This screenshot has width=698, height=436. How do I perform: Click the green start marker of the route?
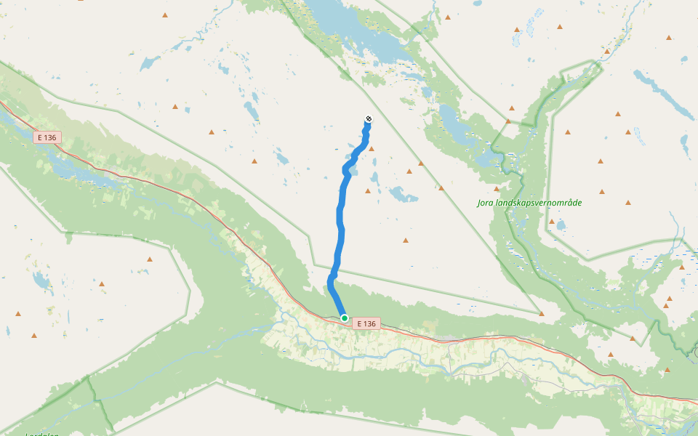coord(345,318)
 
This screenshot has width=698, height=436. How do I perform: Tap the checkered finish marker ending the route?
coord(368,118)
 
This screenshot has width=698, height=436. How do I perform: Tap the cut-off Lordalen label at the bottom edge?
coord(41,434)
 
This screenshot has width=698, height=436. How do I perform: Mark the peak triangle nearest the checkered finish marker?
coord(372,148)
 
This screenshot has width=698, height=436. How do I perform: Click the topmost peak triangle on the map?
coord(448,16)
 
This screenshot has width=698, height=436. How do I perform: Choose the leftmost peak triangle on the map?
coord(18,314)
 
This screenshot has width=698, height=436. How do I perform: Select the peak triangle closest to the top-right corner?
coord(669,37)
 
